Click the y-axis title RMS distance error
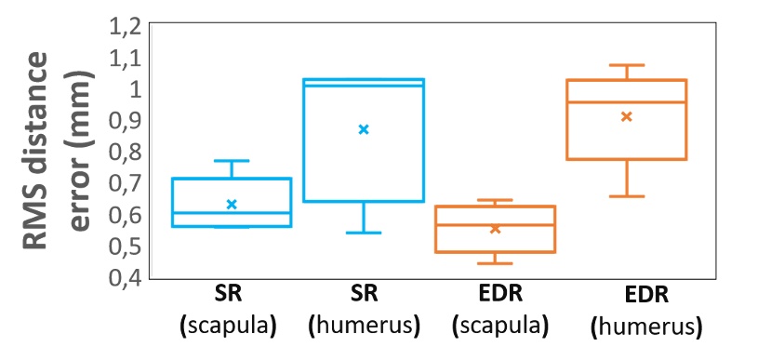pyautogui.click(x=60, y=152)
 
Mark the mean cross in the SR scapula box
pyautogui.click(x=233, y=204)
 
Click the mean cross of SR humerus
pyautogui.click(x=364, y=129)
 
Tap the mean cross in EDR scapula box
pyautogui.click(x=496, y=228)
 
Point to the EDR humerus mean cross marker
pyautogui.click(x=626, y=116)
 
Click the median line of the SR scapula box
pyautogui.click(x=232, y=213)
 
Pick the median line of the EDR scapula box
pyautogui.click(x=496, y=224)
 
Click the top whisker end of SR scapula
pyautogui.click(x=232, y=161)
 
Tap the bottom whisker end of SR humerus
pyautogui.click(x=364, y=233)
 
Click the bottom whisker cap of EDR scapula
pyautogui.click(x=496, y=263)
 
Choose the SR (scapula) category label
pyautogui.click(x=232, y=313)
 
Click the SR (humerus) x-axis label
pyautogui.click(x=364, y=313)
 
